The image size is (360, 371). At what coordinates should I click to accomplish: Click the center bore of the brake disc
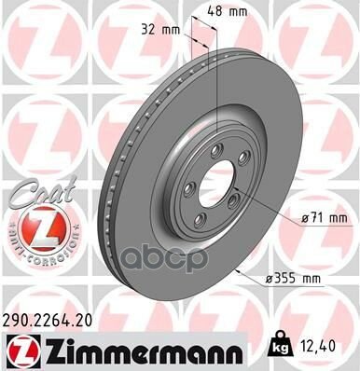coord(209,186)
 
